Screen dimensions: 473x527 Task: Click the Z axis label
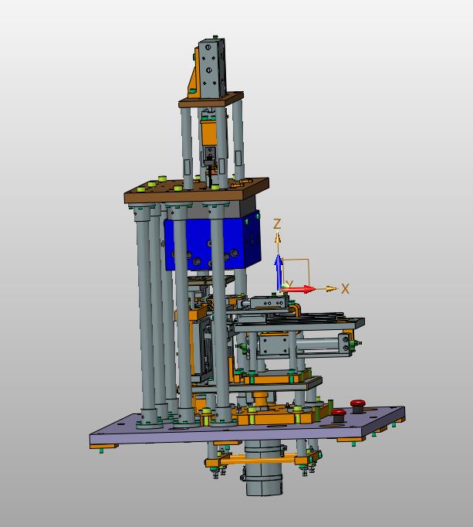[277, 224]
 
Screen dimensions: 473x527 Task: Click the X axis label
[346, 289]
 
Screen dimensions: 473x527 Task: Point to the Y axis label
[290, 284]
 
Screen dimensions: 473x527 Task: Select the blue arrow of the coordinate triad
[279, 271]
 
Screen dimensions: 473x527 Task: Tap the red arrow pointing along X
[297, 289]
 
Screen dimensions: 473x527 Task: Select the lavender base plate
[247, 426]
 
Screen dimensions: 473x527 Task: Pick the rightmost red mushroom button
[358, 403]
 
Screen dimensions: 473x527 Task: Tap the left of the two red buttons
[339, 413]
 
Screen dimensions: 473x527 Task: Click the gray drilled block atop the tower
[212, 68]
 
